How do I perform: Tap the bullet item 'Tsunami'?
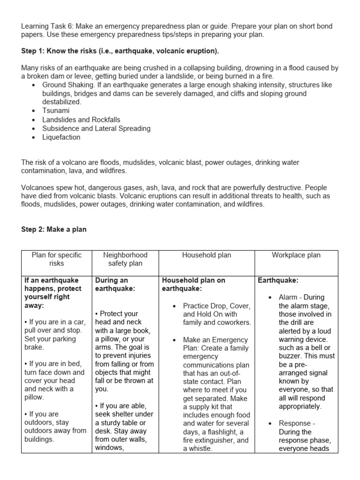pos(57,111)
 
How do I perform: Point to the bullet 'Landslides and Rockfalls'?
pos(81,120)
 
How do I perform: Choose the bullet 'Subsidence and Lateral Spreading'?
pos(96,128)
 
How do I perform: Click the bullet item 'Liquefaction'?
pos(61,137)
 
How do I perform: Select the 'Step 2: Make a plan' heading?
pos(54,230)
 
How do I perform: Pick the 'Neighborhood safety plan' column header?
pos(125,259)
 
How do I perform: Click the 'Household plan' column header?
pos(207,255)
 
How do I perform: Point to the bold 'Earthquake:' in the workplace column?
pos(278,280)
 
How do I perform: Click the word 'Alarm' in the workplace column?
pos(288,297)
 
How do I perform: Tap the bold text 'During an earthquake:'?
pos(115,285)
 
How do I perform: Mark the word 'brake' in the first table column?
pos(33,347)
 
